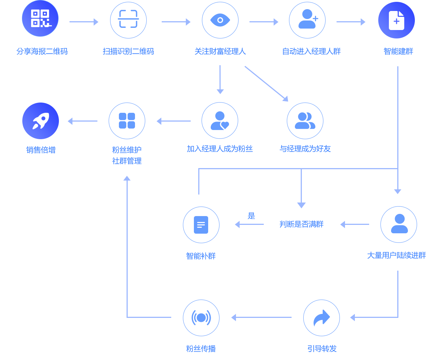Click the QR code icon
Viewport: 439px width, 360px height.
coord(40,18)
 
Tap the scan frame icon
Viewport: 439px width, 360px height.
coord(128,20)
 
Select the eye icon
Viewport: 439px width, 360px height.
coord(220,20)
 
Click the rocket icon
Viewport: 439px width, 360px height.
coord(41,121)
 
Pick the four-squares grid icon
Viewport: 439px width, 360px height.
coord(127,121)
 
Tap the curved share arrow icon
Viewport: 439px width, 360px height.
coord(322,318)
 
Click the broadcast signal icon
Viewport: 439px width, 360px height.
coord(201,318)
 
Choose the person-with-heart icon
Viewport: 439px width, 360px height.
coord(220,120)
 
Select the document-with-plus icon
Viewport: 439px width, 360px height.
coord(397,20)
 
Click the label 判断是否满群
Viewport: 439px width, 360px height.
coord(301,224)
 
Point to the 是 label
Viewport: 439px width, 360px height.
coord(251,216)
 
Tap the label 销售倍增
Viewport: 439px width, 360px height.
coord(41,150)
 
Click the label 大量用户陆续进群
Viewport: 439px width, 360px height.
coord(397,255)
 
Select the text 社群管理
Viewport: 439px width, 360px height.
coord(127,161)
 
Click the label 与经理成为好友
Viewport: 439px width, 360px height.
coord(305,149)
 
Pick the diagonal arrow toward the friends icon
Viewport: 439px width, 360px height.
coord(266,83)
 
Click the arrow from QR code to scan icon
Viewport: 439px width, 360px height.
coord(84,22)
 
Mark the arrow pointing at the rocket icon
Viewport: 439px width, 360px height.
coord(83,121)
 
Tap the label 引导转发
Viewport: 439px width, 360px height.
coord(322,349)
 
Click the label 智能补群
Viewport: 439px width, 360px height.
coord(201,256)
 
